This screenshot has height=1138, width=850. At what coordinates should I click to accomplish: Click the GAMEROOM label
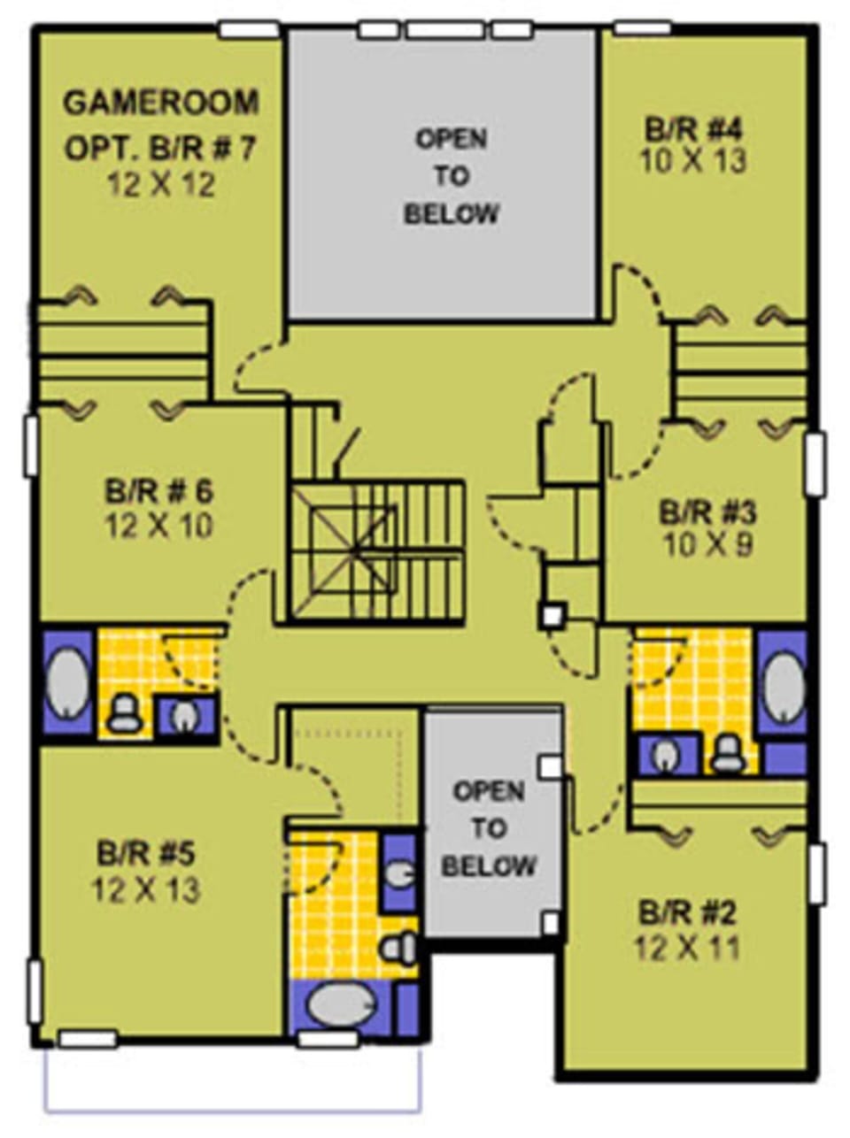pos(161,103)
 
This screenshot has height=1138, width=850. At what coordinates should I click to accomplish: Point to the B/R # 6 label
pos(159,491)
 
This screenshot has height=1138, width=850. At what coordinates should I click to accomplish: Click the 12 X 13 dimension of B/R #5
pos(147,889)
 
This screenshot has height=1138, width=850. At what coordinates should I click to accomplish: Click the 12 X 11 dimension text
pos(687,948)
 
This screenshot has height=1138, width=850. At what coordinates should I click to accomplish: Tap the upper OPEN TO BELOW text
pos(452,176)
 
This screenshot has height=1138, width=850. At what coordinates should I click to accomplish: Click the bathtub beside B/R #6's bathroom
pos(67,683)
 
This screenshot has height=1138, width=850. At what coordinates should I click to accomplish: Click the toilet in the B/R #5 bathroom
pos(399,948)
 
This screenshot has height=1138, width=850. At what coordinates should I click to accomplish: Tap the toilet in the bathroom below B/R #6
pos(125,712)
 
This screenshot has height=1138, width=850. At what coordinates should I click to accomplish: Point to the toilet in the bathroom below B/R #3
pos(729,753)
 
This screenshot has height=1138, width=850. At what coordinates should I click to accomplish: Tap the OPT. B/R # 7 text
pos(159,148)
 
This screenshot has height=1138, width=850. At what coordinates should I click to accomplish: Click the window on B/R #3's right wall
pos(815,462)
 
